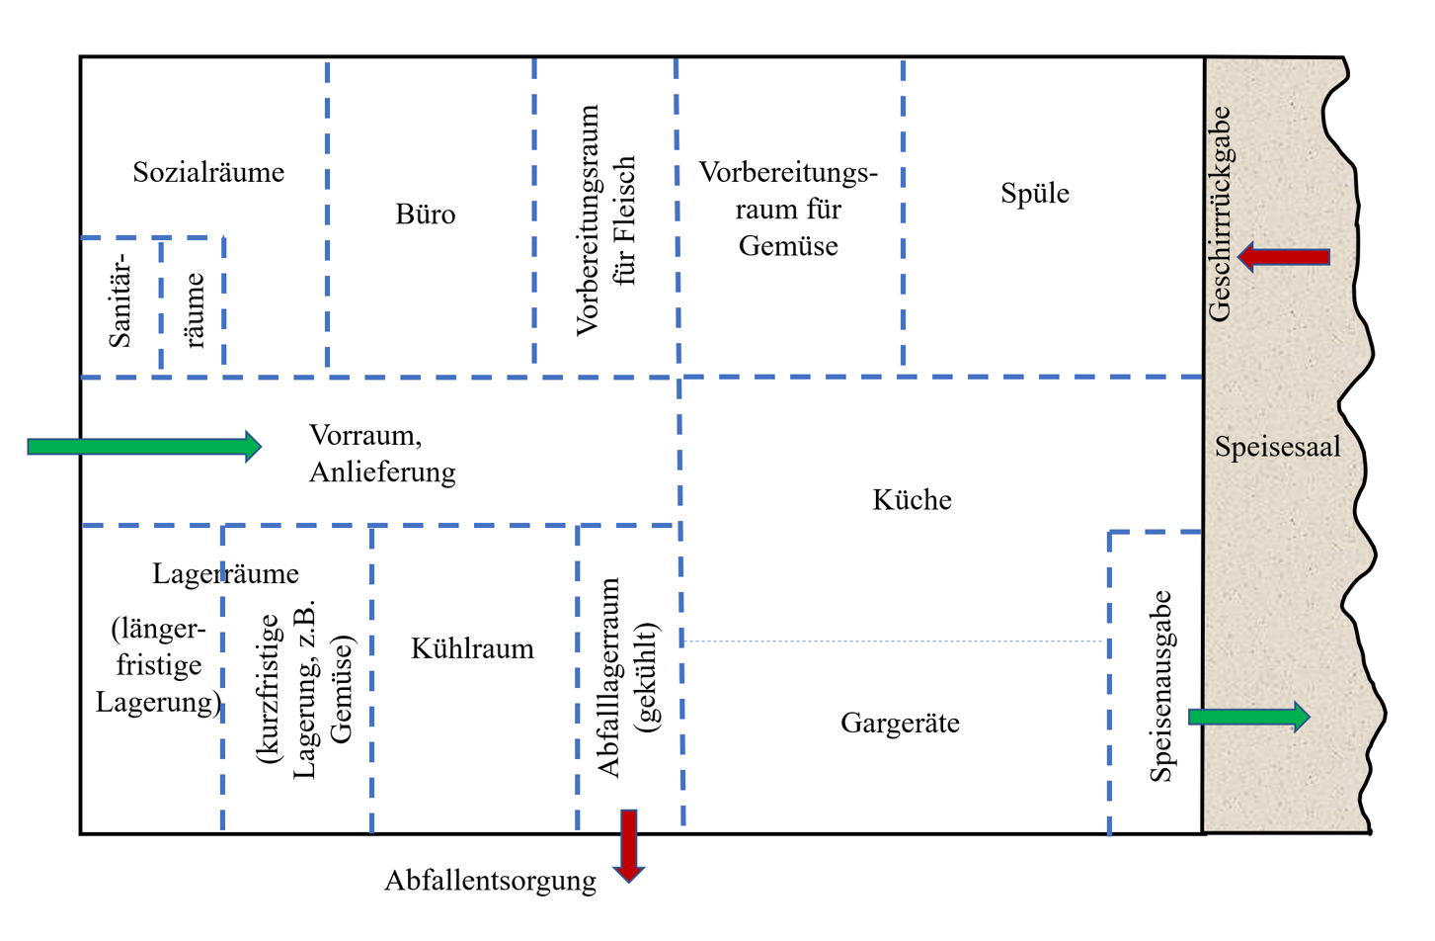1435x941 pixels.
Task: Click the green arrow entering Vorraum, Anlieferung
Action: coord(144,447)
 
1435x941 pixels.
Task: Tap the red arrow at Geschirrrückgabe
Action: coord(1284,257)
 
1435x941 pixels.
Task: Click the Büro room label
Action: coord(426,214)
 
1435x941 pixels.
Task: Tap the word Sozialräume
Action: coord(208,172)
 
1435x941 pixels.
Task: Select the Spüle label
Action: coord(1034,193)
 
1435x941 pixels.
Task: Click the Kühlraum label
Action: coord(472,648)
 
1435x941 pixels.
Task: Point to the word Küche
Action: coord(912,500)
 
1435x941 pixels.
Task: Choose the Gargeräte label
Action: coord(900,724)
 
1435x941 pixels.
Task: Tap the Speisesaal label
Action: coord(1277,447)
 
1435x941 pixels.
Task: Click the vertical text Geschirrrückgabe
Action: coord(1221,214)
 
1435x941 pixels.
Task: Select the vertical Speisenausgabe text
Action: coord(1161,686)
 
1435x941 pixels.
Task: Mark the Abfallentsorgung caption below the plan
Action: coord(490,881)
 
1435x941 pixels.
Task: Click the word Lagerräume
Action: coord(225,573)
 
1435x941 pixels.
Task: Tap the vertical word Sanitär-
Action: coord(120,300)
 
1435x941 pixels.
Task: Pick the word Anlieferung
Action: coord(382,472)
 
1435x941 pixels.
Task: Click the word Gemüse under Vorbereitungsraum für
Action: coord(788,246)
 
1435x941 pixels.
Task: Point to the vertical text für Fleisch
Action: coord(624,221)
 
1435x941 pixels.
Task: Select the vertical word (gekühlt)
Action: coord(647,677)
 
